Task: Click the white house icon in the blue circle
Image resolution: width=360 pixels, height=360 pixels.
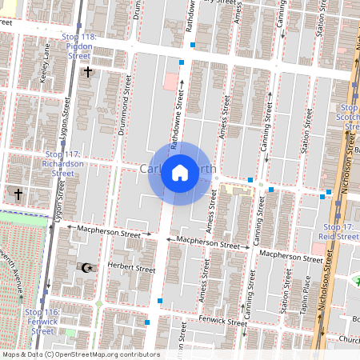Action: pyautogui.click(x=180, y=173)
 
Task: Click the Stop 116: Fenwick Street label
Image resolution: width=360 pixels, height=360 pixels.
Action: pyautogui.click(x=42, y=321)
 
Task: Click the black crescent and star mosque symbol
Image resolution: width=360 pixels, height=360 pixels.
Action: pyautogui.click(x=89, y=266)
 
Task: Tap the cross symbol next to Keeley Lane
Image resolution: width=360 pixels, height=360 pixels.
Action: pyautogui.click(x=88, y=72)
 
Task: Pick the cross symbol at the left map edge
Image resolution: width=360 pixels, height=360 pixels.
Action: pyautogui.click(x=18, y=194)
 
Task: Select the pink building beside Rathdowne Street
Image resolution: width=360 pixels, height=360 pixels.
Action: pyautogui.click(x=171, y=82)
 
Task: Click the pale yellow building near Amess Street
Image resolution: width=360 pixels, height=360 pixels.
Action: pyautogui.click(x=236, y=190)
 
